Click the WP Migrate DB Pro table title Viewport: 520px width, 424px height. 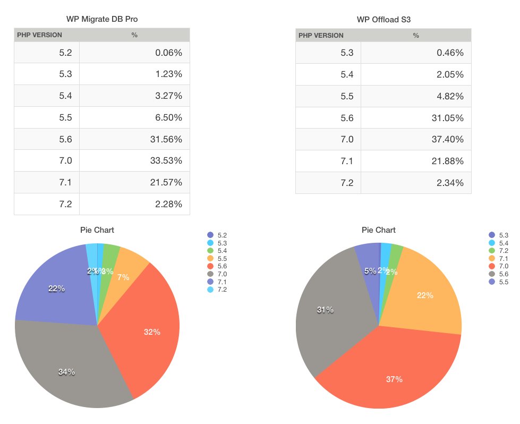[x=102, y=19]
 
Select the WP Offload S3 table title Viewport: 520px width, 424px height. [x=383, y=20]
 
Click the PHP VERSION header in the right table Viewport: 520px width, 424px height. [x=321, y=36]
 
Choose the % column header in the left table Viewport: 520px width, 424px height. [x=134, y=36]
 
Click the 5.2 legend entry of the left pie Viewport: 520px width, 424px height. [x=218, y=234]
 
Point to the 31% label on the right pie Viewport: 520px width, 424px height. [x=325, y=310]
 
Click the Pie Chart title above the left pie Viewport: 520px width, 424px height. [x=97, y=230]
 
